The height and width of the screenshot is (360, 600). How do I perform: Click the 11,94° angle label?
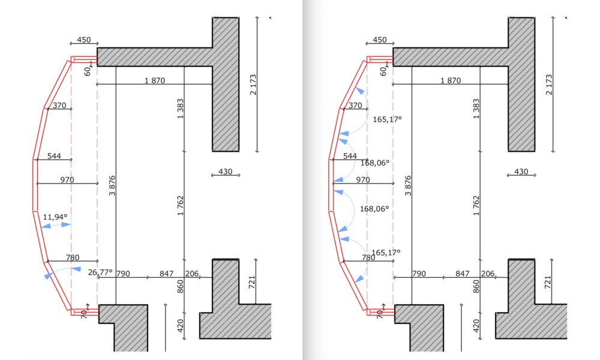pos(55,217)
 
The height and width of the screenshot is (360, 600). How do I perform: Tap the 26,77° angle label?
pos(100,272)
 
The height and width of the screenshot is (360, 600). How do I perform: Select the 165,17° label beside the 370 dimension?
pos(387,119)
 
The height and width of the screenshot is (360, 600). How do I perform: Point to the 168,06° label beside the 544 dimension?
pos(375,163)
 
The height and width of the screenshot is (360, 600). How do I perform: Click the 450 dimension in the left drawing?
pos(84,40)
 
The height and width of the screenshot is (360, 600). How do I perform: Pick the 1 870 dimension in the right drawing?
pos(451,81)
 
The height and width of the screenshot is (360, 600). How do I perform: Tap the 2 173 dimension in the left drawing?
pos(253,85)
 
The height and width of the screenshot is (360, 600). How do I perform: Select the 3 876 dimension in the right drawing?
pos(408,186)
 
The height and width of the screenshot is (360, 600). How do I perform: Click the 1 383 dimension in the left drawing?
pos(180,109)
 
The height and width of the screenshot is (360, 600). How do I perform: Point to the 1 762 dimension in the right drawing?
pos(476,206)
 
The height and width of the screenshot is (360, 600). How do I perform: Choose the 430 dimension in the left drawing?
pos(226,172)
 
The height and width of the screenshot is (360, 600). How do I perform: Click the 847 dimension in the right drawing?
pos(462,274)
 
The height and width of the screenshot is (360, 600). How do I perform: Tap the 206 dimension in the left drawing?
pos(192,274)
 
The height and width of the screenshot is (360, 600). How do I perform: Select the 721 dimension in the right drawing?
pos(548,283)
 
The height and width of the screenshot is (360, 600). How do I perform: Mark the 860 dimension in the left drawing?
pos(180,287)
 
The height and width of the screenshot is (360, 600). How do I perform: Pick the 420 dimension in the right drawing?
pos(476,326)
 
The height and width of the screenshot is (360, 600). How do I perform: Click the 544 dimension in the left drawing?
pos(54,156)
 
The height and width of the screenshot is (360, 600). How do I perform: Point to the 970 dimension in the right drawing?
pos(363,180)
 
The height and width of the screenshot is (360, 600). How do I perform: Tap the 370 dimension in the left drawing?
pos(59,106)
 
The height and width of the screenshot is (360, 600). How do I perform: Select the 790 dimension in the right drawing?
pos(419,274)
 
